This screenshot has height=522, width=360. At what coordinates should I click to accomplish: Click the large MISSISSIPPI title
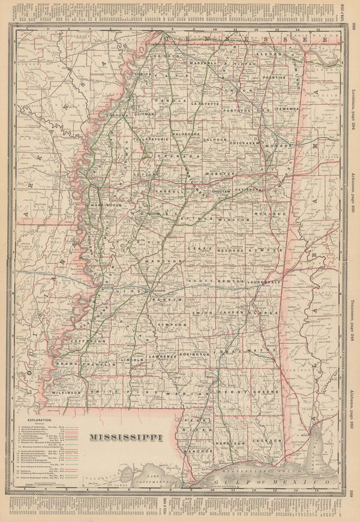click(125, 436)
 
